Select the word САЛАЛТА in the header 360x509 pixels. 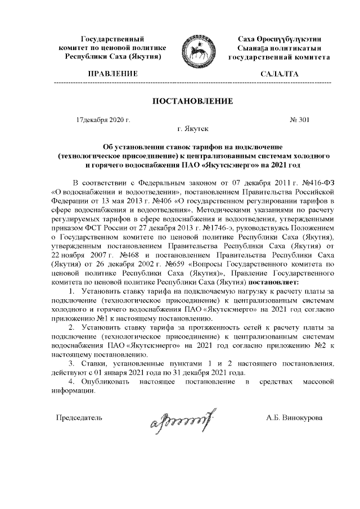pos(279,74)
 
